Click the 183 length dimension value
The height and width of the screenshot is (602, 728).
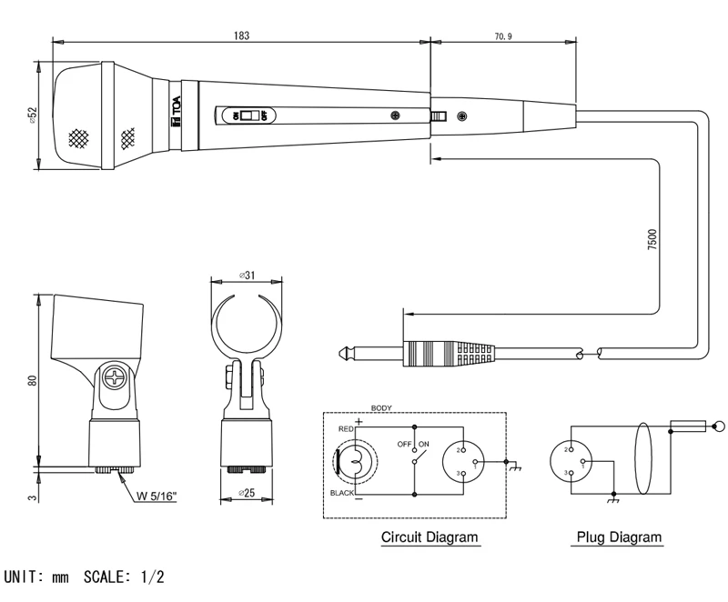[241, 34]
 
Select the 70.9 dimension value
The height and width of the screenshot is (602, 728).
[502, 35]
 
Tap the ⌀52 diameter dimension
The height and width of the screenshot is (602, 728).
[32, 115]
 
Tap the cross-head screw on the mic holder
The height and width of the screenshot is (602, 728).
[116, 377]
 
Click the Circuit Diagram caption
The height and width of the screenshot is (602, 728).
[429, 537]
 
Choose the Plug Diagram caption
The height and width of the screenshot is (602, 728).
[619, 537]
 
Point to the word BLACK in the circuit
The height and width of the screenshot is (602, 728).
[341, 494]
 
